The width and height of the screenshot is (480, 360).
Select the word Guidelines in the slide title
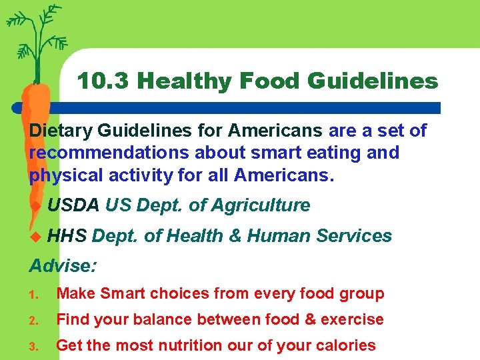[x=373, y=81]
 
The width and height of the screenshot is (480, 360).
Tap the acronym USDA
[x=73, y=205]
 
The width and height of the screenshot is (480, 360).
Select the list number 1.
[x=34, y=294]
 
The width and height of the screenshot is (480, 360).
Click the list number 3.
[x=34, y=346]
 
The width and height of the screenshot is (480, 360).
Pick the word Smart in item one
[x=124, y=293]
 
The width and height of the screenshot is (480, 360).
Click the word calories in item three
[x=347, y=345]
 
